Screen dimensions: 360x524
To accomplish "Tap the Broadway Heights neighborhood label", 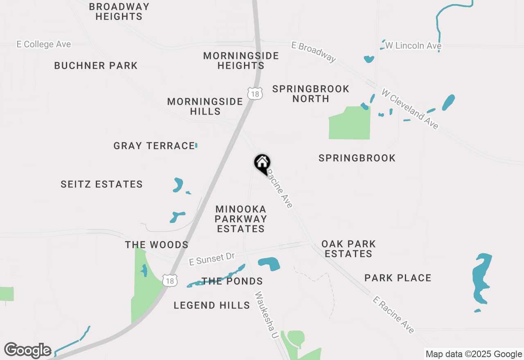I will (119, 11).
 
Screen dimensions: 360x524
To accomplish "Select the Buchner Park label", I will (96, 65).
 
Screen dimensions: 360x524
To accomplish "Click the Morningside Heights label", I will (241, 61).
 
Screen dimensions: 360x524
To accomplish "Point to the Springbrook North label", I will (311, 94).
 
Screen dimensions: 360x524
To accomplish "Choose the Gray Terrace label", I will (154, 146).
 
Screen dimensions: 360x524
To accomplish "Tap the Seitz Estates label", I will (102, 184).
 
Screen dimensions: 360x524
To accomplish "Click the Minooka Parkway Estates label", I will (241, 219).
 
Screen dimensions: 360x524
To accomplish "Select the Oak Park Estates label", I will (348, 249).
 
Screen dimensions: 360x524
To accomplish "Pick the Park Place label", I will (398, 278).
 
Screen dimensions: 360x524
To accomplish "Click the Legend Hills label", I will (212, 305).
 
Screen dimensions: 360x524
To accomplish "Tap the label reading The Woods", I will (156, 245).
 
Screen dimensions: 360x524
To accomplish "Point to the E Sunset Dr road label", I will (212, 259).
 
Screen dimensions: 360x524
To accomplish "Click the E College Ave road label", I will (44, 44).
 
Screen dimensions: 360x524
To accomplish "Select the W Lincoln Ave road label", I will (413, 46).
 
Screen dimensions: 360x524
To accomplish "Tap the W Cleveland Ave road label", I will (410, 109).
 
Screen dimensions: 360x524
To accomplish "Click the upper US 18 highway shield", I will (255, 93).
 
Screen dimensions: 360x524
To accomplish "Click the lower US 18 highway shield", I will (169, 280).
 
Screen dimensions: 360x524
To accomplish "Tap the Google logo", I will (27, 350).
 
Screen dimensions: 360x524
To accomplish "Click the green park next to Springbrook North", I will (350, 124).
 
